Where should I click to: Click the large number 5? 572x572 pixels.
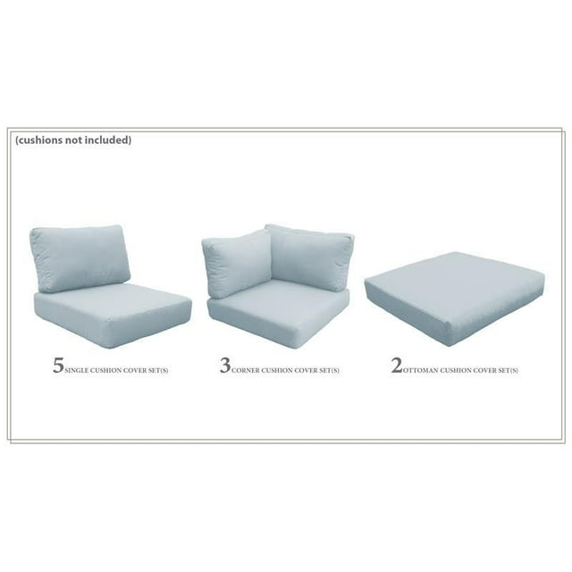pyautogui.click(x=58, y=366)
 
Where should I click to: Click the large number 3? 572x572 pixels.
pyautogui.click(x=225, y=366)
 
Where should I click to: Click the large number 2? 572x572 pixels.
pyautogui.click(x=397, y=366)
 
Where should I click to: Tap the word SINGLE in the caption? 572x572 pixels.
pyautogui.click(x=77, y=370)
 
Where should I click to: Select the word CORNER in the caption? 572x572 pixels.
pyautogui.click(x=246, y=370)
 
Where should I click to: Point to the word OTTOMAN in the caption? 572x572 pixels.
pyautogui.click(x=421, y=370)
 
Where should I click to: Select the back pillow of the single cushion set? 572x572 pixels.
pyautogui.click(x=80, y=257)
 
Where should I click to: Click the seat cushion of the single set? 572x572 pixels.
pyautogui.click(x=113, y=315)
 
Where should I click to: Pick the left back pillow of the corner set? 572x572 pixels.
pyautogui.click(x=238, y=261)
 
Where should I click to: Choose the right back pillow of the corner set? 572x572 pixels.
pyautogui.click(x=309, y=257)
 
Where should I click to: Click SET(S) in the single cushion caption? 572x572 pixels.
pyautogui.click(x=157, y=370)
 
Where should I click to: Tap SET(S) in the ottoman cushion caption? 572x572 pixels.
pyautogui.click(x=507, y=370)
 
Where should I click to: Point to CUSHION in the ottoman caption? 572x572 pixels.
pyautogui.click(x=455, y=370)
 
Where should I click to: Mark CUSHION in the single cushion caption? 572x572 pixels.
pyautogui.click(x=105, y=370)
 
